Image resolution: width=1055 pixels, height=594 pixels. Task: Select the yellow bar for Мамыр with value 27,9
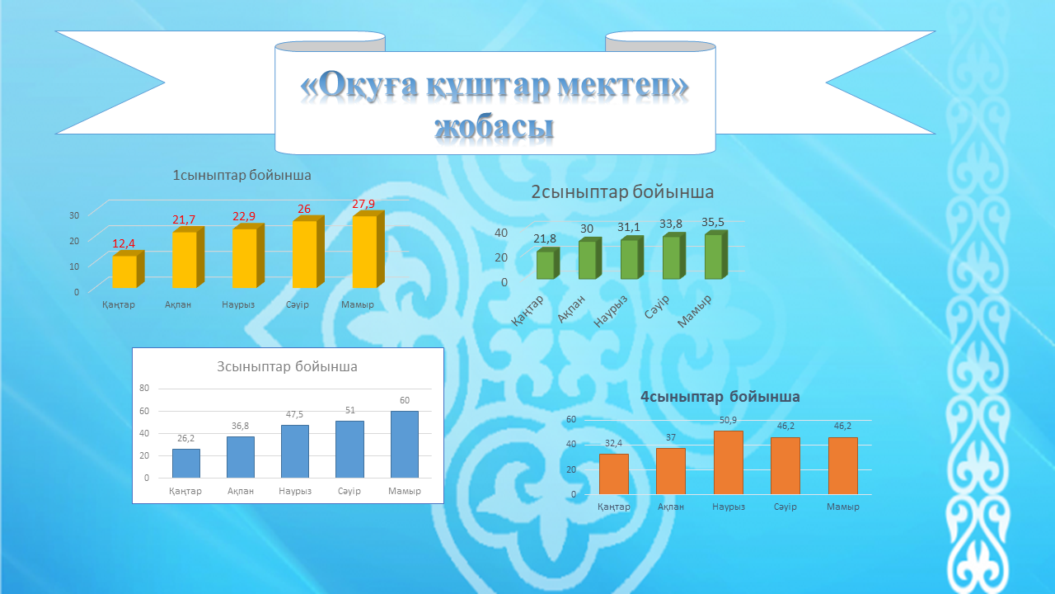(368, 250)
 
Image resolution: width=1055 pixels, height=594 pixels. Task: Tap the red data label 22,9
(244, 216)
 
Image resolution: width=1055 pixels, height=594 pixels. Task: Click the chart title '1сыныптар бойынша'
(241, 176)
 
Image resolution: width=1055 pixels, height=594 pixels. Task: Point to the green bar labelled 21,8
(548, 263)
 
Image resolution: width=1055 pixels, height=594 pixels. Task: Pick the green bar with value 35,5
(716, 255)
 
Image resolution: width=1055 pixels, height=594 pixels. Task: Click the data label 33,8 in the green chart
(671, 224)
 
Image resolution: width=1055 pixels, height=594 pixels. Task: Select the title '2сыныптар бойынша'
(622, 192)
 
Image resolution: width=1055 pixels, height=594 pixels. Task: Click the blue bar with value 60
(405, 445)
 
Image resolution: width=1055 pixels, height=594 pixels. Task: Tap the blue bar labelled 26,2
(186, 464)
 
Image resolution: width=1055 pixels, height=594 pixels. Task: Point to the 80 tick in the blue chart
(144, 388)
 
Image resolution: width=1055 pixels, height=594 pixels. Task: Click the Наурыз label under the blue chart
(295, 491)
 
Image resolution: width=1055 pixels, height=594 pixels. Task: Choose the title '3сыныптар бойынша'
(287, 367)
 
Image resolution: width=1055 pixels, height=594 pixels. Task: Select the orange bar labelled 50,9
(728, 463)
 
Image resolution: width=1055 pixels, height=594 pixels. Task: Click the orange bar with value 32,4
(614, 474)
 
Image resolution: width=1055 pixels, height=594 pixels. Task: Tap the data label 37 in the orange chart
(671, 437)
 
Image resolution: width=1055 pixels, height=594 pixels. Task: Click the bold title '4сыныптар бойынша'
(720, 397)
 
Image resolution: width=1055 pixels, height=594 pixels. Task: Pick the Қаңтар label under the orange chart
(614, 507)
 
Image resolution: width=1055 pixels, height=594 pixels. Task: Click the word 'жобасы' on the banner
(494, 127)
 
